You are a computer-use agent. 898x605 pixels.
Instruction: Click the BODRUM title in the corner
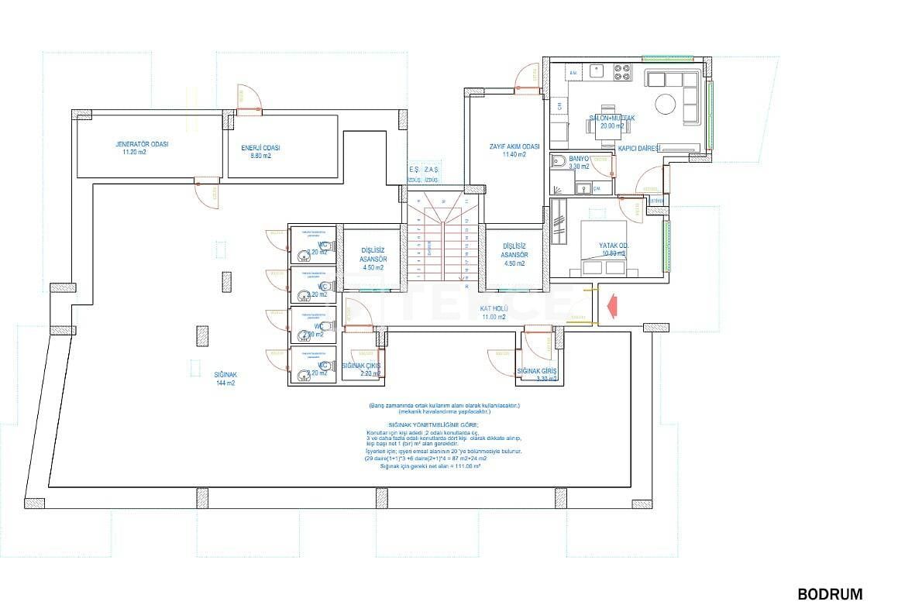pyautogui.click(x=830, y=594)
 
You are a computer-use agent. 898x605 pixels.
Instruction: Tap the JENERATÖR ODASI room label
pyautogui.click(x=142, y=148)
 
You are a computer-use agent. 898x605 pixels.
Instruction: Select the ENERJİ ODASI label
pyautogui.click(x=260, y=151)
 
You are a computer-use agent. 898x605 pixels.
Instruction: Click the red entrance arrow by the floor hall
pyautogui.click(x=611, y=304)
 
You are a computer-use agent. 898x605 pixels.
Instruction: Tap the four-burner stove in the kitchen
pyautogui.click(x=624, y=73)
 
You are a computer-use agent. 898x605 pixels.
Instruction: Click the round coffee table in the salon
pyautogui.click(x=666, y=103)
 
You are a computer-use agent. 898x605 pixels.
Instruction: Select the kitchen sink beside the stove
pyautogui.click(x=597, y=72)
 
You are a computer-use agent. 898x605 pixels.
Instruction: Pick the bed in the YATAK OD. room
pyautogui.click(x=604, y=248)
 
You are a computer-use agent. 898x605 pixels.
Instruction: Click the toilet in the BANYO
pyautogui.click(x=559, y=162)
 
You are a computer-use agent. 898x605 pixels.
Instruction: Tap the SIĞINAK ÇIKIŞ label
pyautogui.click(x=362, y=370)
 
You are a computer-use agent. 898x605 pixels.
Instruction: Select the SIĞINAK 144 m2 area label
pyautogui.click(x=225, y=378)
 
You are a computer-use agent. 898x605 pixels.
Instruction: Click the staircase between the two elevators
pyautogui.click(x=442, y=240)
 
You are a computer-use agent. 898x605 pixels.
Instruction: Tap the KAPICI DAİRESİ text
pyautogui.click(x=638, y=148)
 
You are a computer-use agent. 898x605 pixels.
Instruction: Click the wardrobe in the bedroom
pyautogui.click(x=559, y=232)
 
